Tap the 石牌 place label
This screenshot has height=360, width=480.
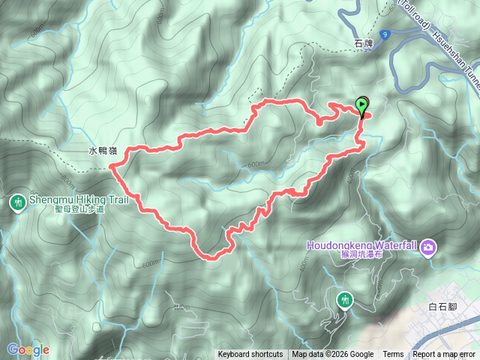coord(363,45)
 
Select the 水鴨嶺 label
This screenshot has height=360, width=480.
coord(102,151)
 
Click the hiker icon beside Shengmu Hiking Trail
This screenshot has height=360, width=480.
coord(17,202)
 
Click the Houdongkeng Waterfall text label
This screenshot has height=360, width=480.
coord(362,245)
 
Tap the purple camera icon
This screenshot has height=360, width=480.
coord(428,246)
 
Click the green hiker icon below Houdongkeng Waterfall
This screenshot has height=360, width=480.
coord(344,299)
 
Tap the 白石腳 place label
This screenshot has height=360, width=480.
coord(442,305)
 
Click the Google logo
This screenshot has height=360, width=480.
coord(28,349)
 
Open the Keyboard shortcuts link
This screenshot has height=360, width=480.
coord(250,355)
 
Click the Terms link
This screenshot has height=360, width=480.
coord(393,355)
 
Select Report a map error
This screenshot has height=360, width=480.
coord(445,355)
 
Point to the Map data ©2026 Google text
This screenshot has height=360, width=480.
coord(332,355)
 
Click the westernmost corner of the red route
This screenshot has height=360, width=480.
coord(112,167)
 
